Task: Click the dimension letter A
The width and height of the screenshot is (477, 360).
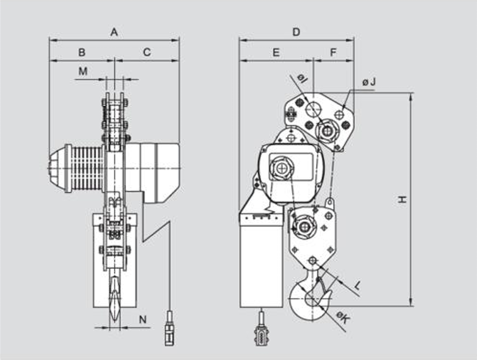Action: [x=114, y=32]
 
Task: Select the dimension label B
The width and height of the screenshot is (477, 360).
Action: [x=81, y=52]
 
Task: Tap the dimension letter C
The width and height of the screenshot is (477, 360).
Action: [x=147, y=52]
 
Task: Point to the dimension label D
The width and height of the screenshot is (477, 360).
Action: [x=296, y=32]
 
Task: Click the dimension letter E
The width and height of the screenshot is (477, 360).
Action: [x=276, y=52]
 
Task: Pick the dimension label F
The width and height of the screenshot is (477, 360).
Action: [x=333, y=52]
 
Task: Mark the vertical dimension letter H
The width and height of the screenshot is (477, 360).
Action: [x=402, y=200]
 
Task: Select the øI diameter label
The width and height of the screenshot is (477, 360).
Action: [x=302, y=79]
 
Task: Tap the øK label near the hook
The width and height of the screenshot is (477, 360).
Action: [x=343, y=319]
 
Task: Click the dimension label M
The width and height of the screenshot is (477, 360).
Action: [x=83, y=72]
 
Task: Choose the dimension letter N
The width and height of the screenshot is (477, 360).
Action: [x=143, y=320]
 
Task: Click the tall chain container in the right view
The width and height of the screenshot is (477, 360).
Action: [x=261, y=260]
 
